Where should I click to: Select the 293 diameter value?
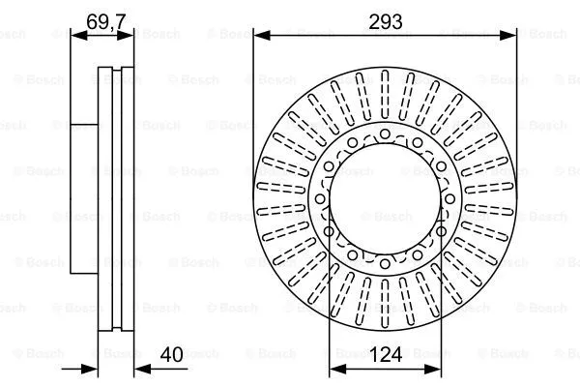coord(385,18)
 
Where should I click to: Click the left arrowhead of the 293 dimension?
coord(260,35)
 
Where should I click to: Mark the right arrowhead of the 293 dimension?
coord(509,35)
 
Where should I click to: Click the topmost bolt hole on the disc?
coord(385,133)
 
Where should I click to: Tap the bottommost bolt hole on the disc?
coord(385,261)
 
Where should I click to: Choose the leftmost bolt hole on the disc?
coord(329,230)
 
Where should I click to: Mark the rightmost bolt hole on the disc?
coord(441,230)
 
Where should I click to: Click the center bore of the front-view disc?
coord(385,197)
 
